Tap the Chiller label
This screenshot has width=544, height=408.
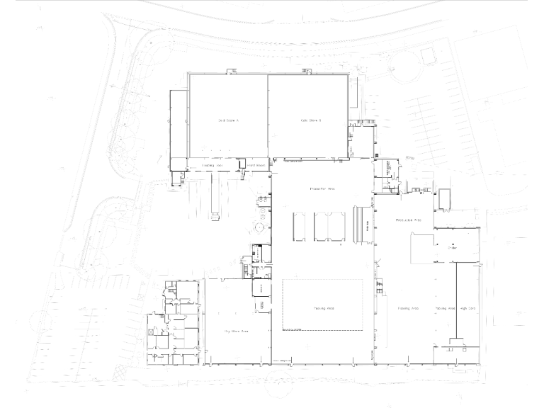[451, 248]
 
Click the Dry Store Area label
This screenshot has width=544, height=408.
[236, 331]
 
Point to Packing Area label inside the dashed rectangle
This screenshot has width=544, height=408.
[324, 309]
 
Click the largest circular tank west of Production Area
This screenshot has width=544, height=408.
[260, 227]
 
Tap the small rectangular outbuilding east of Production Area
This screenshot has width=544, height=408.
[445, 199]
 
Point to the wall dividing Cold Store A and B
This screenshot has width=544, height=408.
[267, 117]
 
